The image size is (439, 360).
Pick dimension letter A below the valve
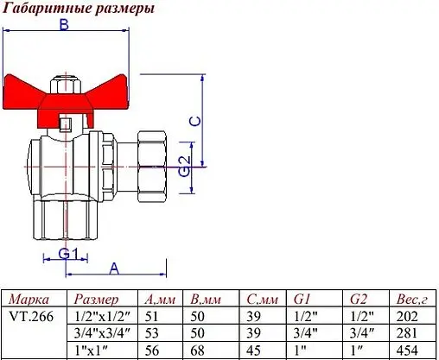[x=114, y=267]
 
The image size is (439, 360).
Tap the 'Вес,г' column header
[x=411, y=300]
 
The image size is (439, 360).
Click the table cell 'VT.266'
[x=30, y=316]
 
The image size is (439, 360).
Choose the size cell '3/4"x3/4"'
[x=102, y=333]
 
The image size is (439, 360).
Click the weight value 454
[x=405, y=350]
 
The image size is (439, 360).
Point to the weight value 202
[x=405, y=316]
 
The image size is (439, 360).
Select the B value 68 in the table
[x=198, y=350]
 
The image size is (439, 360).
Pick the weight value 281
[x=405, y=333]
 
